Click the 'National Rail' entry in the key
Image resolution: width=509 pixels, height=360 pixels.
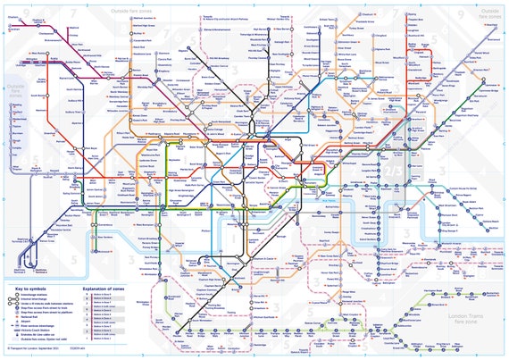(37, 322)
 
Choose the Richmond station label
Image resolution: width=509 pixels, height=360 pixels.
(98, 242)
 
